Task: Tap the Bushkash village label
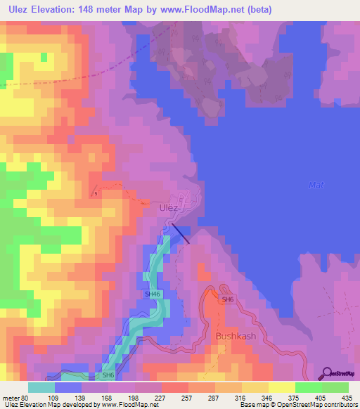tap(236, 336)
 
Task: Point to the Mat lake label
tap(316, 185)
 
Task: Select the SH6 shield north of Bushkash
tap(226, 300)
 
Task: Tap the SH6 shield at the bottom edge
tap(108, 376)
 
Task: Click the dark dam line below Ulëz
tap(180, 234)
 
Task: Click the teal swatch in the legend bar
tap(41, 387)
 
